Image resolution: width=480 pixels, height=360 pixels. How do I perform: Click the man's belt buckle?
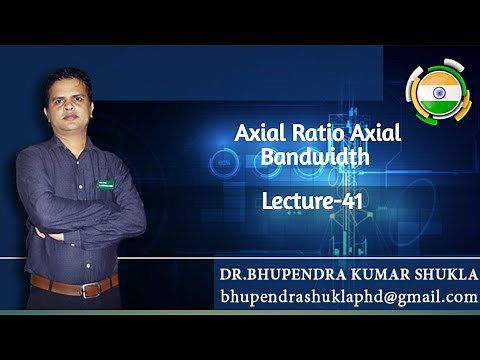tap(86, 289)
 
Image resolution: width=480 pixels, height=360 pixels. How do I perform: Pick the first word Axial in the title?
tap(255, 134)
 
